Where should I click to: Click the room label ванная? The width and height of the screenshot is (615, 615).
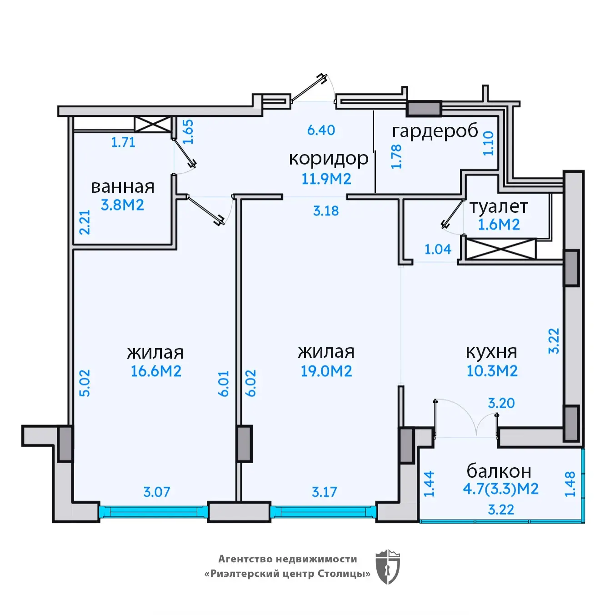click(x=123, y=187)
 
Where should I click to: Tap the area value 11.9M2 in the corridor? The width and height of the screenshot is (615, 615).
click(x=326, y=179)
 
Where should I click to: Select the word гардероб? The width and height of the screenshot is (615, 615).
click(x=435, y=131)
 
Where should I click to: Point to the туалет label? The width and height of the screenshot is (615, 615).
click(x=499, y=207)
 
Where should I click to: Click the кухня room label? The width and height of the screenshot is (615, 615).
click(x=491, y=352)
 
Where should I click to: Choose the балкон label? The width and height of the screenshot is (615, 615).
click(x=499, y=471)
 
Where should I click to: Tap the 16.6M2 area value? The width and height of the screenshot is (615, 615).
click(x=156, y=371)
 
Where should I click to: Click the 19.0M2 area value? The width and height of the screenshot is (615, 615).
click(x=326, y=371)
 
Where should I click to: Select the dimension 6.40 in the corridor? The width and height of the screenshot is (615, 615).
click(x=321, y=130)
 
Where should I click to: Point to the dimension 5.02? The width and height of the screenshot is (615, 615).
click(x=85, y=383)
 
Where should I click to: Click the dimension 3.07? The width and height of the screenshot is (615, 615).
click(x=157, y=492)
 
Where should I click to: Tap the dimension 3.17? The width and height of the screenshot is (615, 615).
click(x=324, y=492)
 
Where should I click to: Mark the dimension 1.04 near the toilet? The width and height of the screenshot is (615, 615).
click(x=438, y=249)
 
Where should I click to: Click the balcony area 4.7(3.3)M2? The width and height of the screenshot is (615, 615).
click(x=501, y=489)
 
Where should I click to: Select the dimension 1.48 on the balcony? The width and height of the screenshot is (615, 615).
click(x=570, y=484)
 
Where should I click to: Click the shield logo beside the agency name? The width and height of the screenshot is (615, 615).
click(x=388, y=567)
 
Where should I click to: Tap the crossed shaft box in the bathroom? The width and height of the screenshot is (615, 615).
click(x=153, y=125)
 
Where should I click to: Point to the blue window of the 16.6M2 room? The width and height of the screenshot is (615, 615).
click(x=154, y=512)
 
